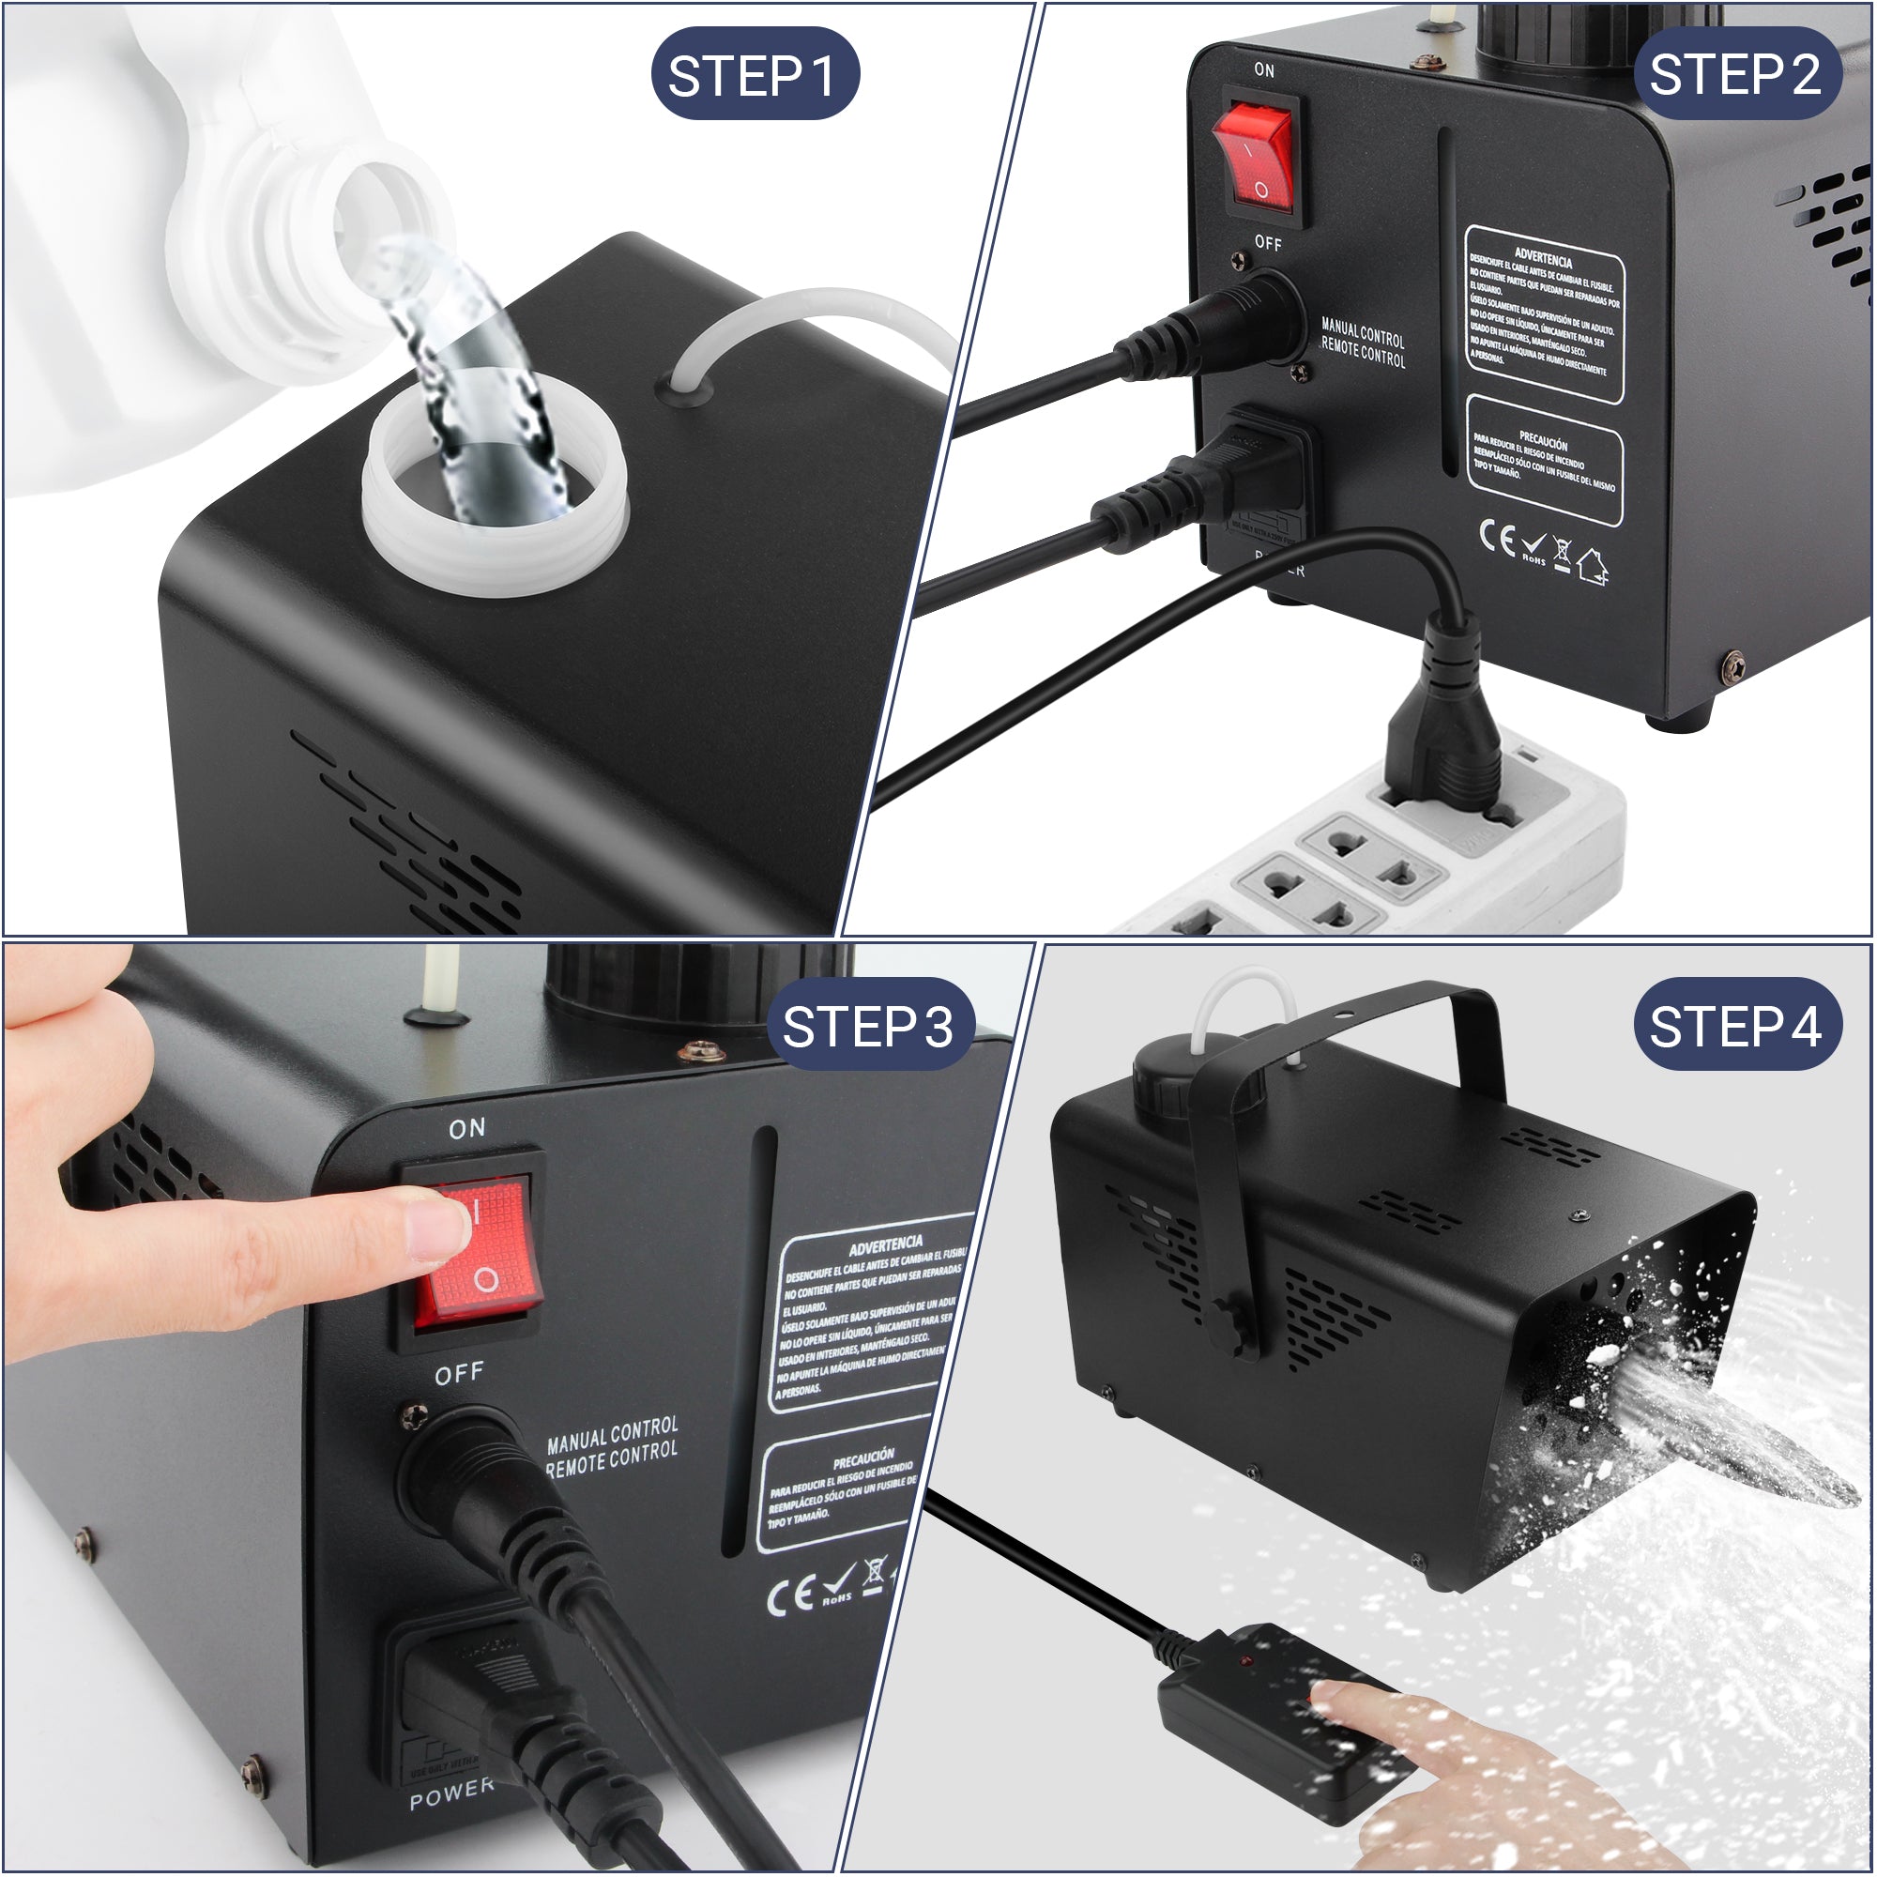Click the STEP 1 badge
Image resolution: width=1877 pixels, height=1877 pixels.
click(x=754, y=75)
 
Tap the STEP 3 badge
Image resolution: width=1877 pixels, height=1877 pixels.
click(x=867, y=1027)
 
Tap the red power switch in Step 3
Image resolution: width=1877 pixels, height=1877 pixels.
click(x=474, y=1252)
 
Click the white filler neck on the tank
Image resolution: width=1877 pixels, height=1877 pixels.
click(x=496, y=505)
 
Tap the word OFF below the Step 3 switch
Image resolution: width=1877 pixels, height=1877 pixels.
click(x=459, y=1373)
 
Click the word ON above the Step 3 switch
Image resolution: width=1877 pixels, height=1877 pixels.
click(x=466, y=1128)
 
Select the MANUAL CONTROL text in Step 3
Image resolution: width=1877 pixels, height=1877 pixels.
click(x=612, y=1433)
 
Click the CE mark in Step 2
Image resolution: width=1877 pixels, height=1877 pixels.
click(x=1496, y=535)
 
